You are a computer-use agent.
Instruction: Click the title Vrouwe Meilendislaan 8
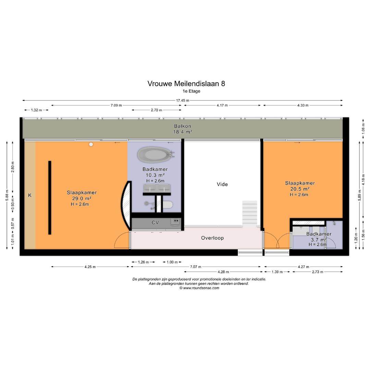coord(186,84)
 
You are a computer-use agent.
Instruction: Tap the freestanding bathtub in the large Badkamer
coord(154,155)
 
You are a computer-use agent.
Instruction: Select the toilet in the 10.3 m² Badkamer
coord(168,205)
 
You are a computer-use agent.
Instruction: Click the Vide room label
coord(222,184)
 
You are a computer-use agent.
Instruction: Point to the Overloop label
coord(212,238)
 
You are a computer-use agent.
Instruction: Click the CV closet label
coord(155,222)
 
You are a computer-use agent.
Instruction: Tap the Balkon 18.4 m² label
coord(182,128)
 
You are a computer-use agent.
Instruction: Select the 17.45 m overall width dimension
coord(183,100)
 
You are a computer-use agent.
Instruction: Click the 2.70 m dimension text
coord(156,110)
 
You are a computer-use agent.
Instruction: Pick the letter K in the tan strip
coord(30,195)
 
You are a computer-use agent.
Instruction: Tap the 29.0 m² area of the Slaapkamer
coord(81,198)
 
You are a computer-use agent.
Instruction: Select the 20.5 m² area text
coord(300,189)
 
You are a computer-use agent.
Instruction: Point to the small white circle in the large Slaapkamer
coord(91,144)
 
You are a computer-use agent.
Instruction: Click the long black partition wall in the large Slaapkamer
coord(50,197)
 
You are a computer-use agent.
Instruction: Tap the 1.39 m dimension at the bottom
coord(277,272)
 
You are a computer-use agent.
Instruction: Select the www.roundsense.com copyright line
coord(199,288)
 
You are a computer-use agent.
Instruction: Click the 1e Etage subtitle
coord(192,91)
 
